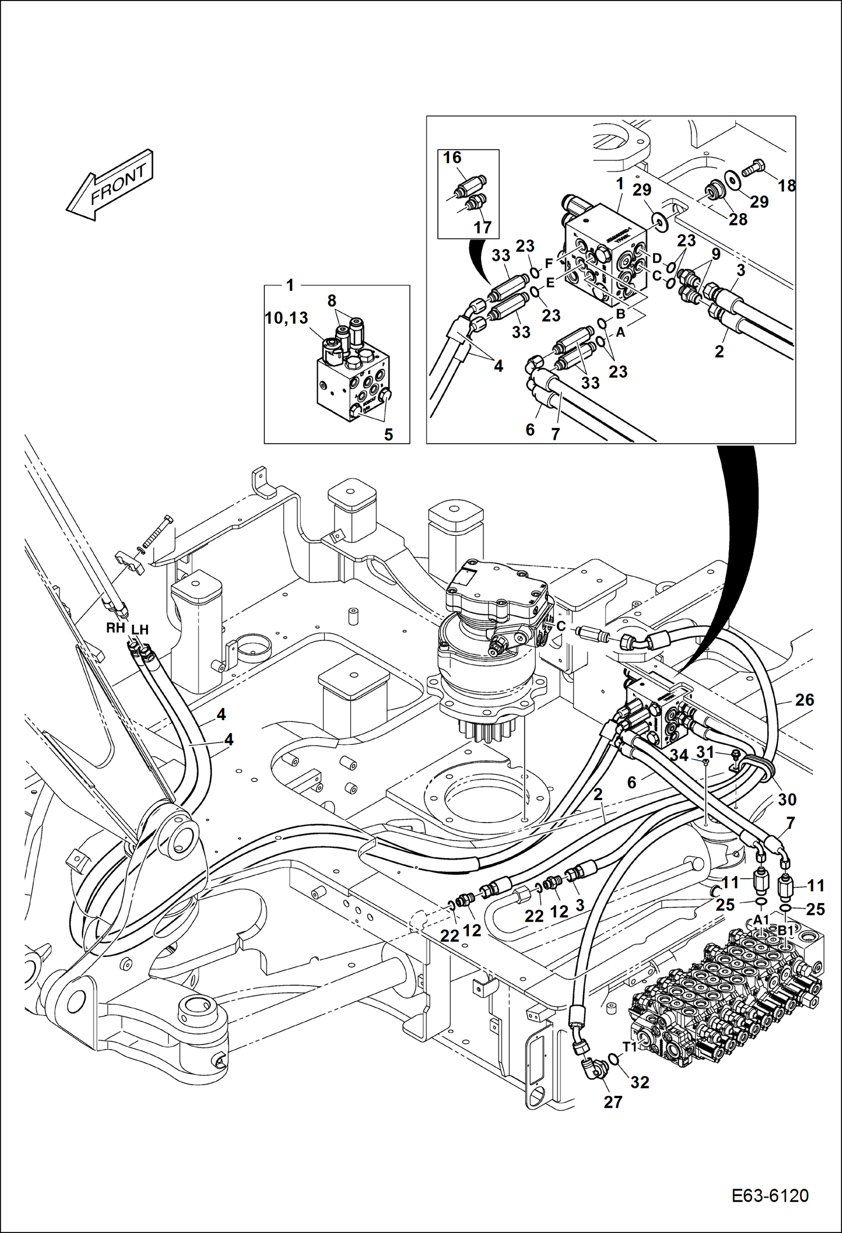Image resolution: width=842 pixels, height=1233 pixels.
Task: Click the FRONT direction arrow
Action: tap(110, 185)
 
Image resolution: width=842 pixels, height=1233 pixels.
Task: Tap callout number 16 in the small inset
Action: tap(452, 158)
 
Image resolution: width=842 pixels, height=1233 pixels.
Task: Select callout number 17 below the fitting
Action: tap(482, 227)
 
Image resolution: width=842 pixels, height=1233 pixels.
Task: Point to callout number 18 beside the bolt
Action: tap(787, 185)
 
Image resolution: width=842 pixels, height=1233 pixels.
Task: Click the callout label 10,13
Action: tap(287, 318)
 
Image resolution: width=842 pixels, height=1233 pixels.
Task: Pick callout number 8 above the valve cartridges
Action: tap(332, 301)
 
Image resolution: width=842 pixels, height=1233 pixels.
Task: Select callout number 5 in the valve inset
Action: tap(388, 435)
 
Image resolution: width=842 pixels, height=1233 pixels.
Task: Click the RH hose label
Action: tap(115, 628)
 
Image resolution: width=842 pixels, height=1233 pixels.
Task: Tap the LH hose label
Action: tap(139, 630)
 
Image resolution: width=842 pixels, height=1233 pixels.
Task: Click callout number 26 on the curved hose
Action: tap(804, 700)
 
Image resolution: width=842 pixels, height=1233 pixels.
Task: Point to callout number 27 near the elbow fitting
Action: tap(613, 1102)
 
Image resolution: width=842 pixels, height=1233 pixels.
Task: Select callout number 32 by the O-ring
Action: tap(640, 1082)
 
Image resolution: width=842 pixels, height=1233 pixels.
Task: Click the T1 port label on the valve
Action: tap(630, 1046)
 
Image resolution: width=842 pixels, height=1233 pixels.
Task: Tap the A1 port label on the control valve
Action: tap(761, 920)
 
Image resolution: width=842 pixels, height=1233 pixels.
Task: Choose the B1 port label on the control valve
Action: tap(786, 931)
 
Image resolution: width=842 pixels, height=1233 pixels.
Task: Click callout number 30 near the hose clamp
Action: tap(787, 799)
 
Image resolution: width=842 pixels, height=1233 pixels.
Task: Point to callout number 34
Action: tap(679, 756)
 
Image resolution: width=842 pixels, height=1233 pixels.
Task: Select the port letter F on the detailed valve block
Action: tap(549, 264)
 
